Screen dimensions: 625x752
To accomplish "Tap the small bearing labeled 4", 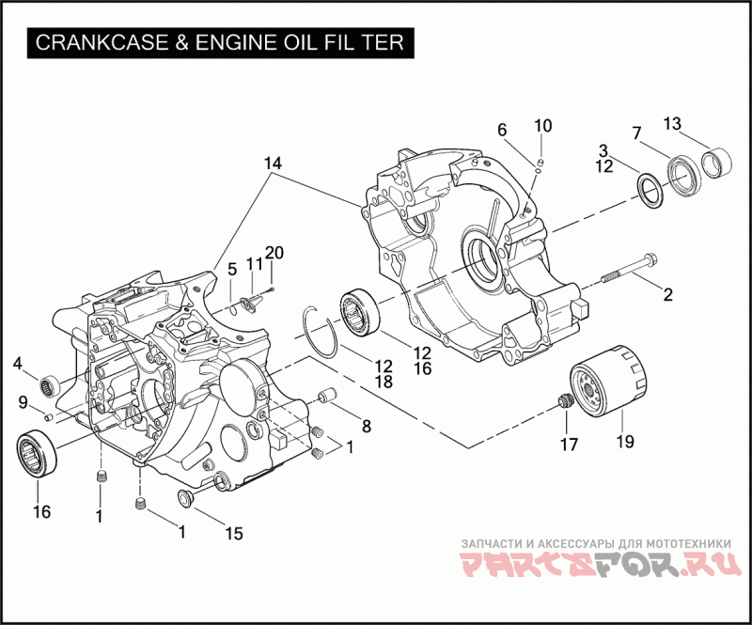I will coord(48,383).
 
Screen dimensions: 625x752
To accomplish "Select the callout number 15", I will coord(233,533).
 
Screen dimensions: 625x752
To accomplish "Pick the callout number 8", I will coord(365,426).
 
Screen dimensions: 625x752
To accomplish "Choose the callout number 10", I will coord(544,126).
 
